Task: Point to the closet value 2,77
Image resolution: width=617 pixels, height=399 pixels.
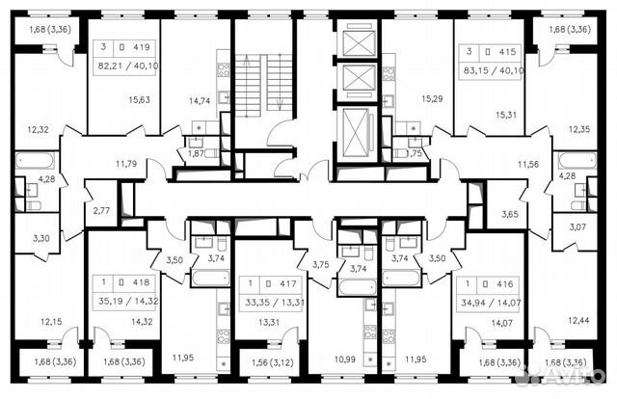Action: click(100, 209)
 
